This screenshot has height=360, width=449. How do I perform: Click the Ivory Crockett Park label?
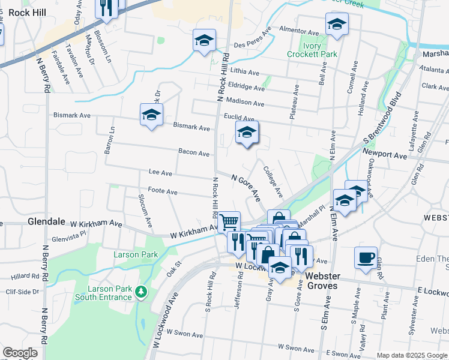point(320,50)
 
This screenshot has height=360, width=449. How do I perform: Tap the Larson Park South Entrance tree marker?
point(141,292)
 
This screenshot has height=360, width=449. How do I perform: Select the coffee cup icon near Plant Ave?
point(366,259)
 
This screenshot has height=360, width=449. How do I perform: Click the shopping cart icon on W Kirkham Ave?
point(229,223)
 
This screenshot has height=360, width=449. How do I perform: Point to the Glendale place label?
point(46,221)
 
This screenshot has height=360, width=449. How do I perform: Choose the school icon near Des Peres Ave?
point(204,41)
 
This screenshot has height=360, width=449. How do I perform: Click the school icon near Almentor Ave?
point(337,24)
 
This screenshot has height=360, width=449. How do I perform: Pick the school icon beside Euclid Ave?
point(246,133)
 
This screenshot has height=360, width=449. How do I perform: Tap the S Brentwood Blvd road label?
point(382,116)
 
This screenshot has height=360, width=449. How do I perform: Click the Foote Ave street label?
point(163,192)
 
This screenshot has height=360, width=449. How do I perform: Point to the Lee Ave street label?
point(160,173)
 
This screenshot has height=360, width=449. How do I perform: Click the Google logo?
point(20,353)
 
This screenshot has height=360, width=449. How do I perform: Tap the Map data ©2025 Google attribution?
point(411,355)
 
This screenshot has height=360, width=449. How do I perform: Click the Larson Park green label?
point(136,254)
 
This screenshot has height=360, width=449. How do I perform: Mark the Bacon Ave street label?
point(194,152)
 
